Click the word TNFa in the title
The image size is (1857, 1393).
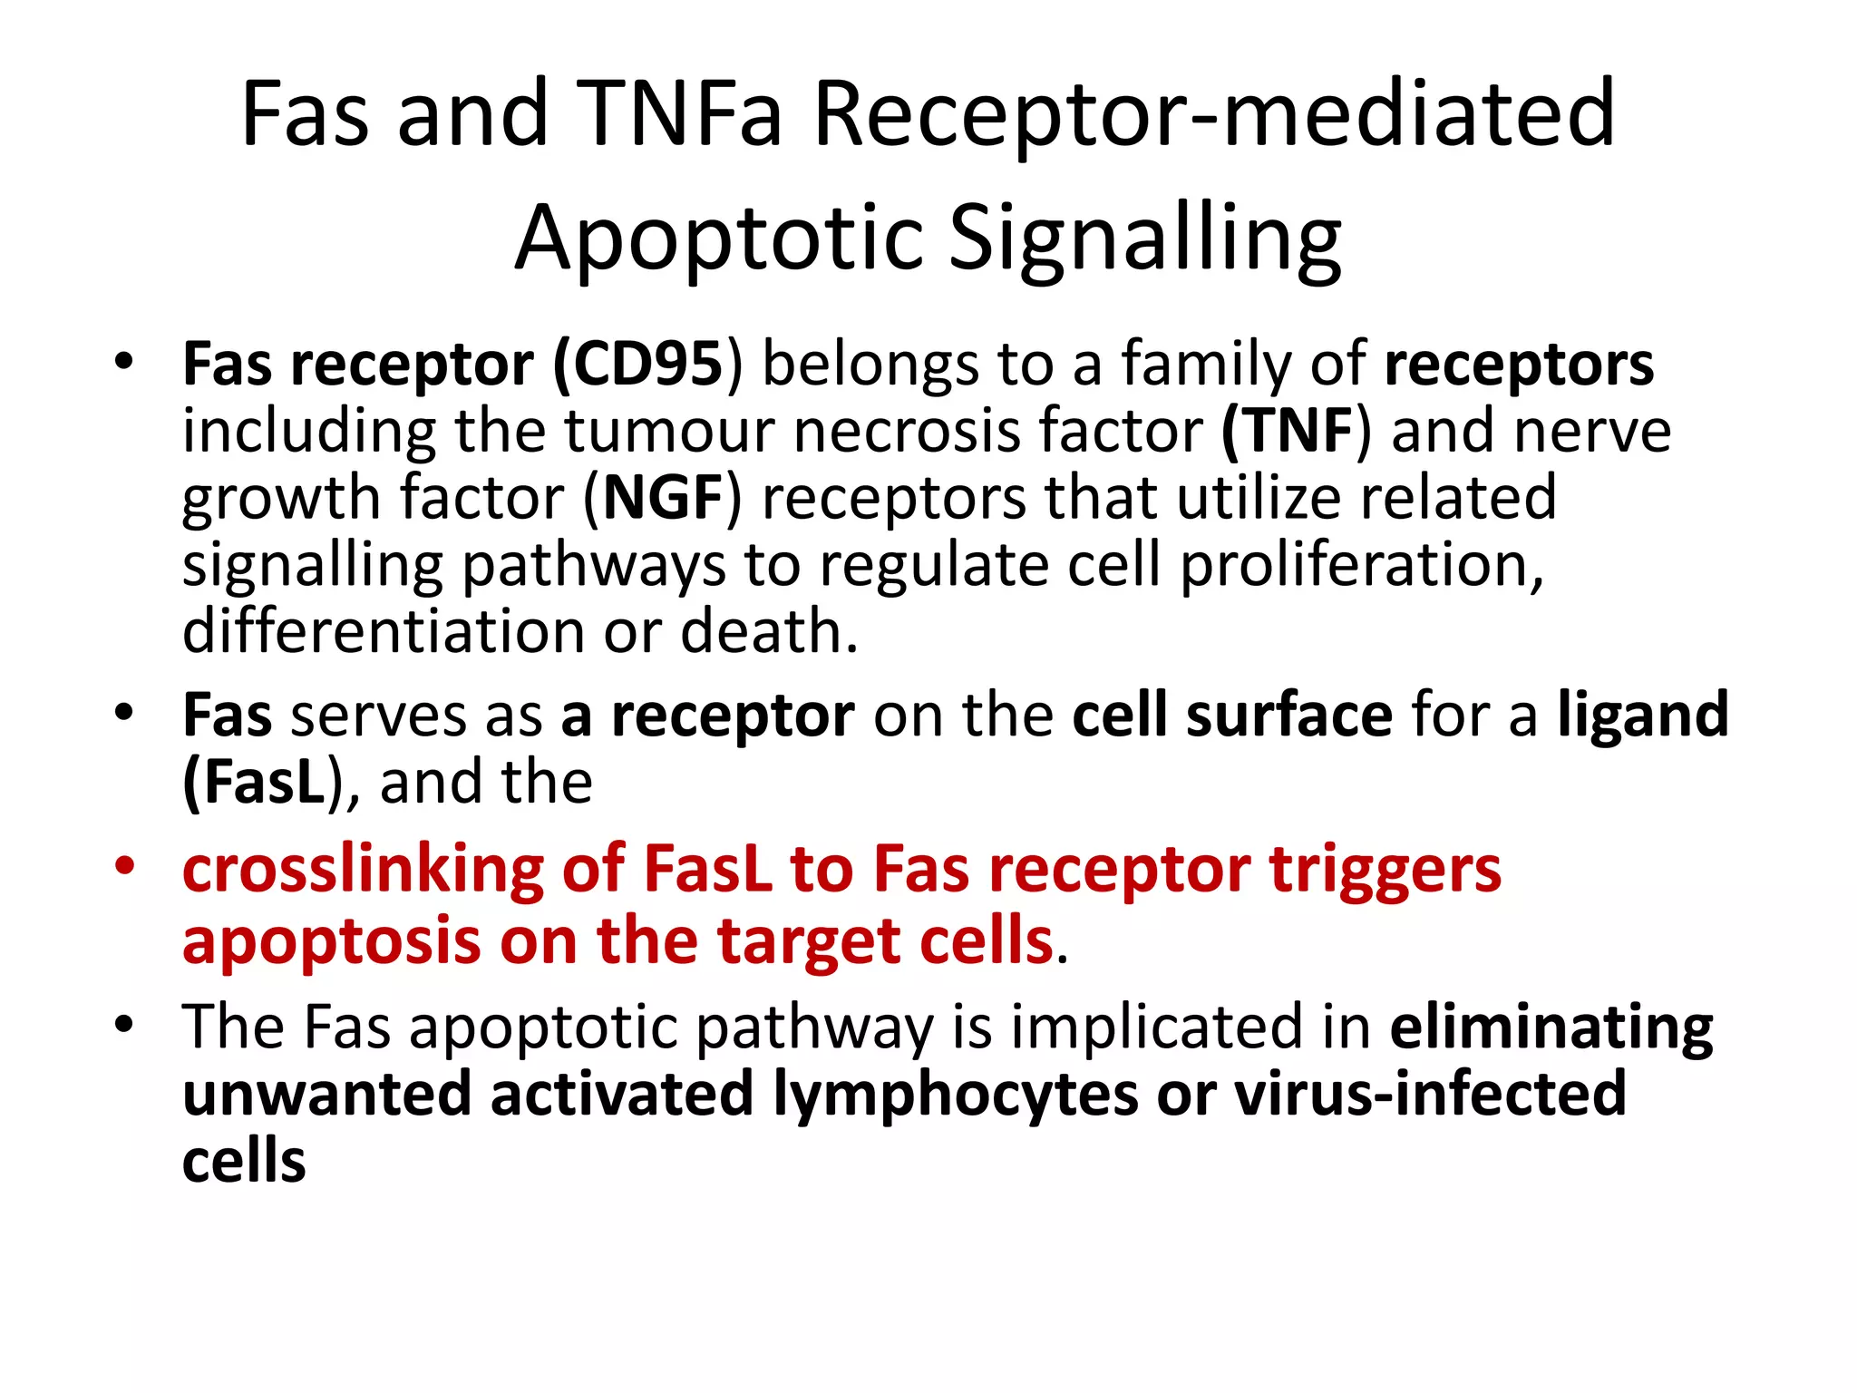click(677, 114)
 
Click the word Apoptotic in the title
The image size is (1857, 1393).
click(718, 238)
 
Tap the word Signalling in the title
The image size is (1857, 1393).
click(1144, 238)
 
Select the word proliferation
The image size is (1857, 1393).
click(1360, 565)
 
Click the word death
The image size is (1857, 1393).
click(767, 631)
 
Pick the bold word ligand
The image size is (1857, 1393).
click(1643, 715)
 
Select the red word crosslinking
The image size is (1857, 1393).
click(362, 871)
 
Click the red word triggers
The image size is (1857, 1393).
click(1385, 871)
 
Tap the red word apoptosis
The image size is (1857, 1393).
click(331, 940)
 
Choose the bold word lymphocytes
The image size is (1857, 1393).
click(956, 1094)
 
